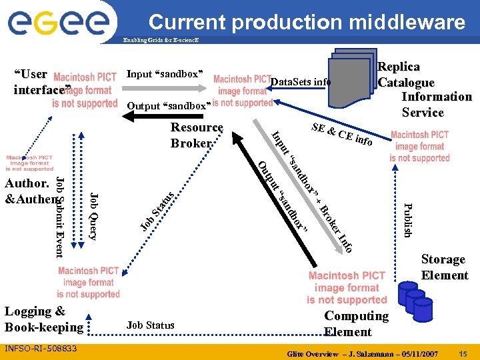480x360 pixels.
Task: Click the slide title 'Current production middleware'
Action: pyautogui.click(x=307, y=23)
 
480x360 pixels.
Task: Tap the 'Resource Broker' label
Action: pyautogui.click(x=196, y=135)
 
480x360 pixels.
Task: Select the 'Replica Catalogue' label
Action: pyautogui.click(x=405, y=75)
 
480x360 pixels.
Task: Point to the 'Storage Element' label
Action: pyautogui.click(x=444, y=267)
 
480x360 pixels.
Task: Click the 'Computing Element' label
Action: pyautogui.click(x=356, y=324)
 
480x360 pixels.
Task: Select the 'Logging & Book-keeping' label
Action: pyautogui.click(x=43, y=319)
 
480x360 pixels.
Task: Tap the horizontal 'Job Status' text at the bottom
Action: pyautogui.click(x=150, y=325)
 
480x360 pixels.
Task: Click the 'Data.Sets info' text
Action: pyautogui.click(x=301, y=82)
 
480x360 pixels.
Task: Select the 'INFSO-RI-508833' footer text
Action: pyautogui.click(x=41, y=349)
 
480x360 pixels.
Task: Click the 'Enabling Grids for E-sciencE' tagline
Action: pyautogui.click(x=160, y=41)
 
